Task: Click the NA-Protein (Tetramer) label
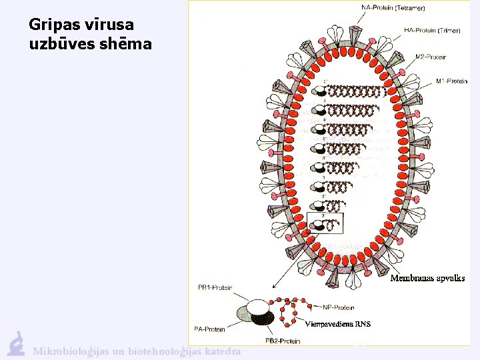[x=393, y=8]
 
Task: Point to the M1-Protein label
[x=451, y=81]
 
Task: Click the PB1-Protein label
[x=215, y=287]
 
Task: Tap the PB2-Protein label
[x=283, y=341]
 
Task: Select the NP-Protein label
[x=338, y=307]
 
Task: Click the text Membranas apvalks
[x=427, y=278]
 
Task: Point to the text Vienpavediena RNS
[x=337, y=324]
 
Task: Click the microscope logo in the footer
[x=16, y=343]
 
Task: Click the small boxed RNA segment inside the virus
[x=329, y=224]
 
